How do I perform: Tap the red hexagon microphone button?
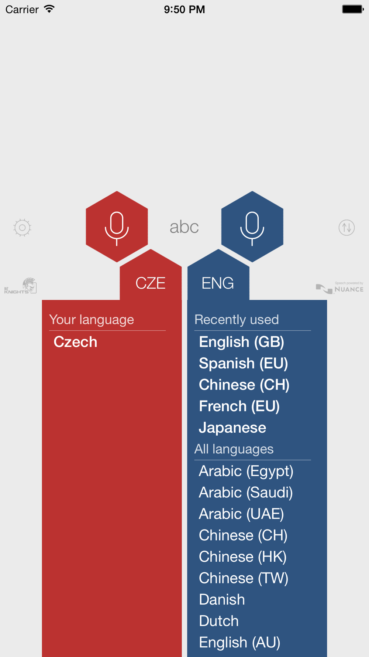point(117,227)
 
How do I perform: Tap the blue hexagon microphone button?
point(252,227)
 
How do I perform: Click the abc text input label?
point(184,227)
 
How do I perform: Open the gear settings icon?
point(22,228)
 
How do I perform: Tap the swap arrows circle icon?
point(346,228)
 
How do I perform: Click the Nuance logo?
point(340,287)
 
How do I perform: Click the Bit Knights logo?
point(21,286)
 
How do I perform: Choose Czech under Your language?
point(75,342)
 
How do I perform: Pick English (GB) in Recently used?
point(241,342)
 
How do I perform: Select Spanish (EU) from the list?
point(243,364)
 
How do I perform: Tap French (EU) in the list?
point(239,406)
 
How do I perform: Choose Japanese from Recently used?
point(232,428)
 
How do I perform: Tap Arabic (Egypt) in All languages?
point(246,472)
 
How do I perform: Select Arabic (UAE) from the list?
point(241,514)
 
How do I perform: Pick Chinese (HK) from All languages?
point(243,557)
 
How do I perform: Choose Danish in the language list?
point(222,600)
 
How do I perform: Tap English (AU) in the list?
point(239,643)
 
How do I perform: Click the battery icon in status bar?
point(353,9)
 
